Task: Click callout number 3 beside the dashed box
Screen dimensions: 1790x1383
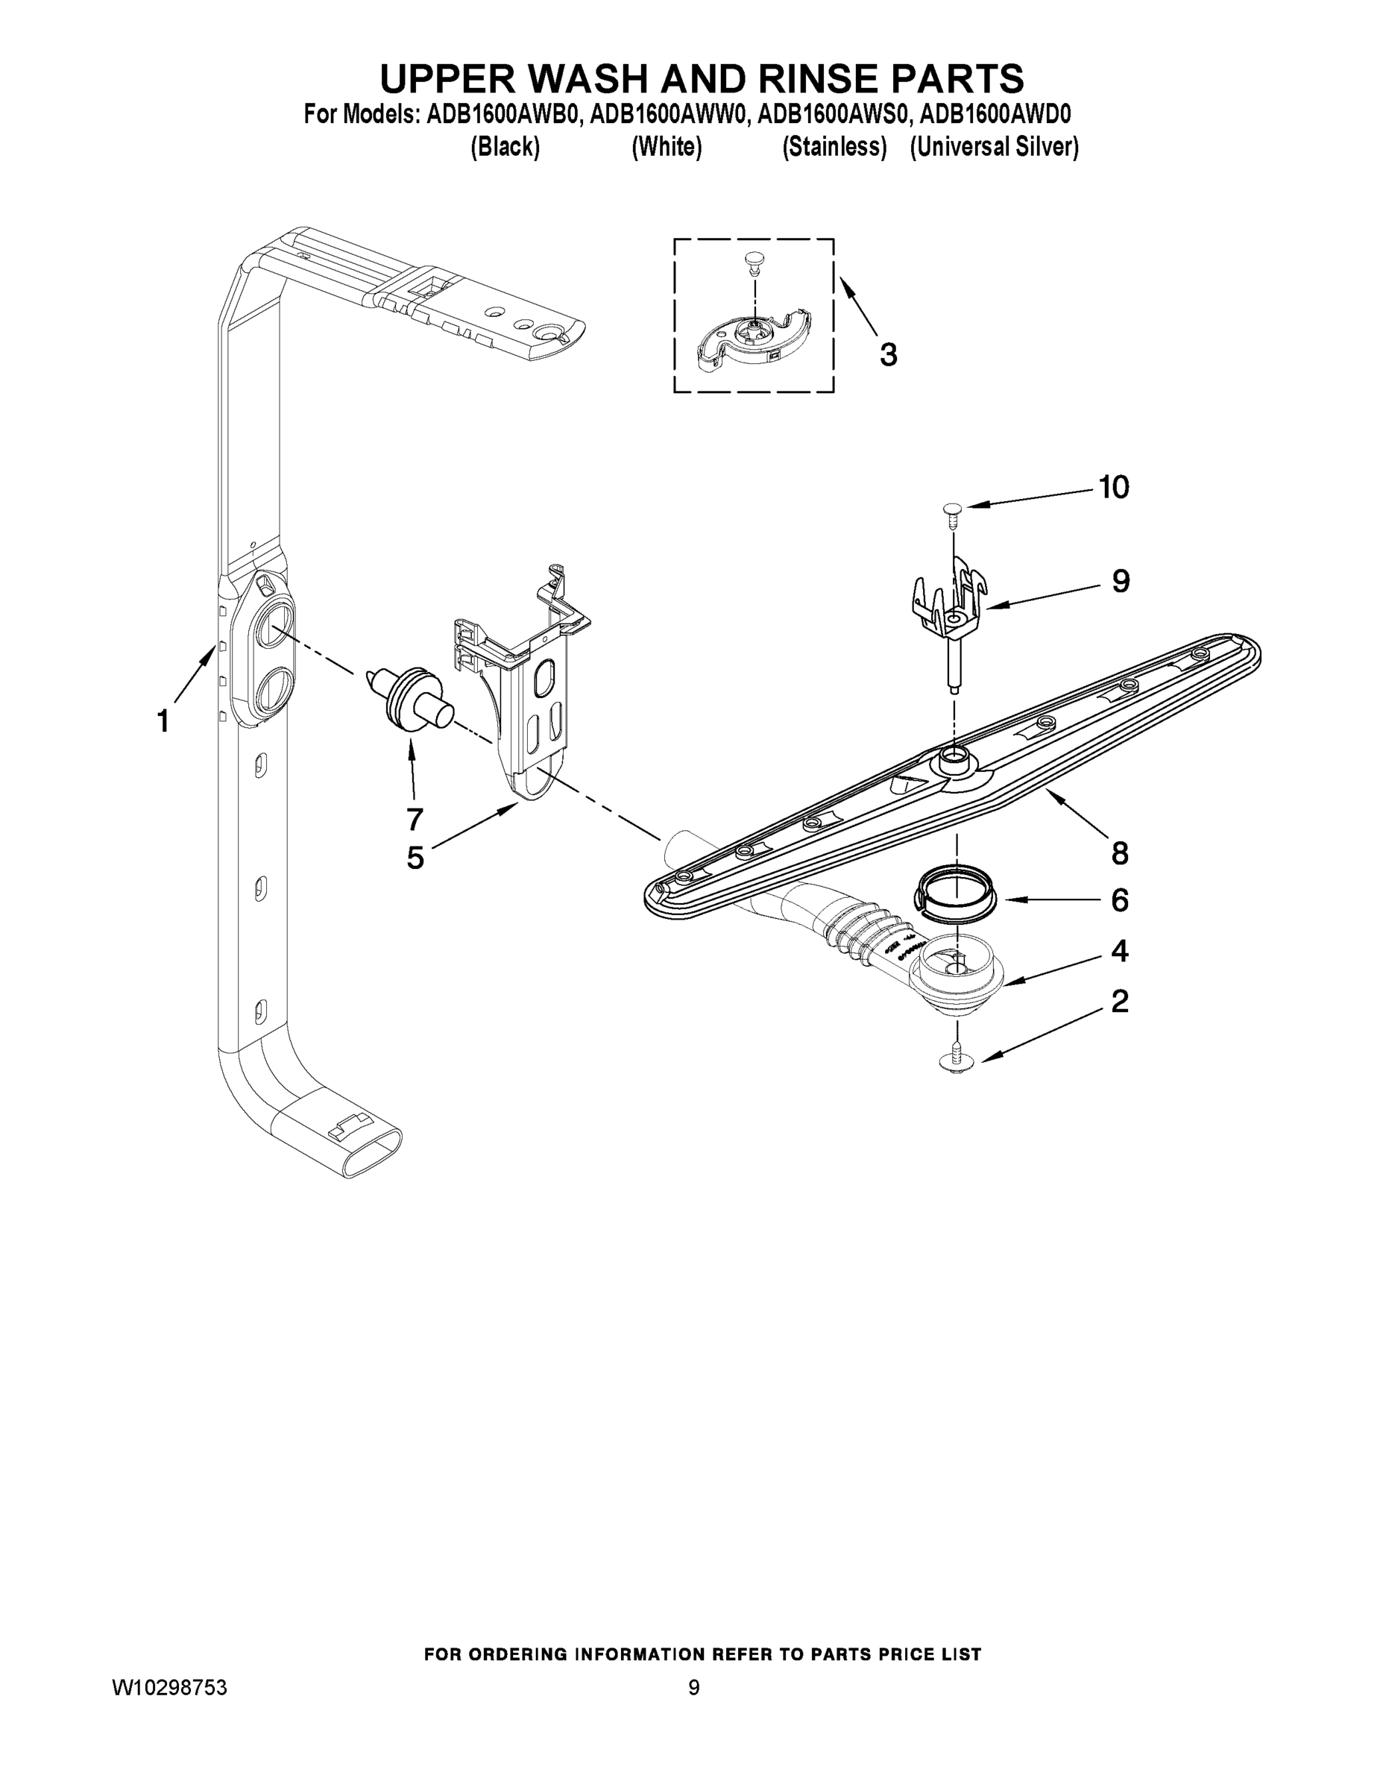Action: point(888,355)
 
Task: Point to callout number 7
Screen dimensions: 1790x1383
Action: point(415,818)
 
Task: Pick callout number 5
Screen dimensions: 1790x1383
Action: point(415,858)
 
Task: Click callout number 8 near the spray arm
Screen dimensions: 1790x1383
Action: point(1119,853)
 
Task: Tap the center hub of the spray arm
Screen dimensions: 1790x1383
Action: point(954,759)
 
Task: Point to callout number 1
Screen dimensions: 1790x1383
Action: point(163,721)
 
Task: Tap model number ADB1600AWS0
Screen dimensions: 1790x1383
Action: point(833,114)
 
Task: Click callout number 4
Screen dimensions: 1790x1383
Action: point(1119,951)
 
